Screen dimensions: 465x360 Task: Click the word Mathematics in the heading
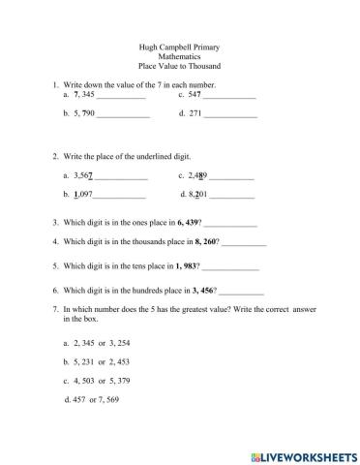tap(180, 57)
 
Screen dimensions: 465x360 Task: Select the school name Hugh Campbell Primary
tap(180, 47)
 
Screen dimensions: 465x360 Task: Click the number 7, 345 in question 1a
tap(84, 95)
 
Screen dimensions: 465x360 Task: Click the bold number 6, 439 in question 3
tap(183, 222)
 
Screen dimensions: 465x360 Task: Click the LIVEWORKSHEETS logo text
tap(304, 453)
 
